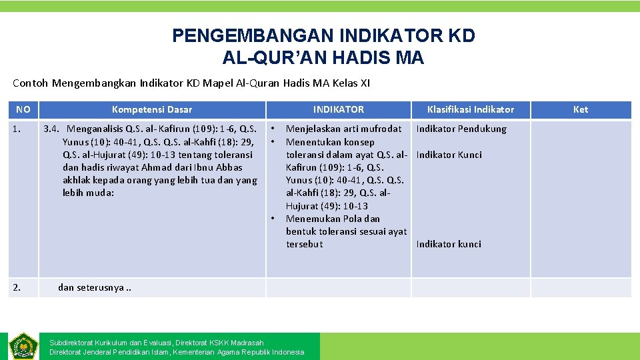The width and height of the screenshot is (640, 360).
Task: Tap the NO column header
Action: click(23, 109)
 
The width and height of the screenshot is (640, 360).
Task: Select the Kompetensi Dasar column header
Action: click(152, 109)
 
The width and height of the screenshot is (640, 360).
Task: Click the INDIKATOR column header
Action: click(339, 109)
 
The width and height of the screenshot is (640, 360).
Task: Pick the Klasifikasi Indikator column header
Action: click(471, 109)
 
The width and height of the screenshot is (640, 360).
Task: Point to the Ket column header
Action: click(581, 109)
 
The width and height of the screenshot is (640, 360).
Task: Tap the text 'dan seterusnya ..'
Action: click(95, 287)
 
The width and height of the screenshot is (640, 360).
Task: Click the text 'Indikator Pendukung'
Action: click(461, 129)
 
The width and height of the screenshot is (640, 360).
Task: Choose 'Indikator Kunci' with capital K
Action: click(449, 155)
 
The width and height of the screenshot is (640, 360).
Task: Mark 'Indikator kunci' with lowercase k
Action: click(449, 244)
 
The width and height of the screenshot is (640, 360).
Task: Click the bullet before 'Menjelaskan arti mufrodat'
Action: click(273, 129)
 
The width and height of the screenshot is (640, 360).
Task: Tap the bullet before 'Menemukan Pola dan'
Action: click(273, 219)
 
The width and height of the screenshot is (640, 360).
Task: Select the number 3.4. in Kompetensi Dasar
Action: click(53, 129)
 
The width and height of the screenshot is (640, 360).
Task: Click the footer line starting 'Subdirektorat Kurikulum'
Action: click(157, 343)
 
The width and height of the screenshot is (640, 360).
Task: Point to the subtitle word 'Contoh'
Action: click(31, 83)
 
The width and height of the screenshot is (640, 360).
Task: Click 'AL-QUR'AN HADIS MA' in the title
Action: click(323, 58)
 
